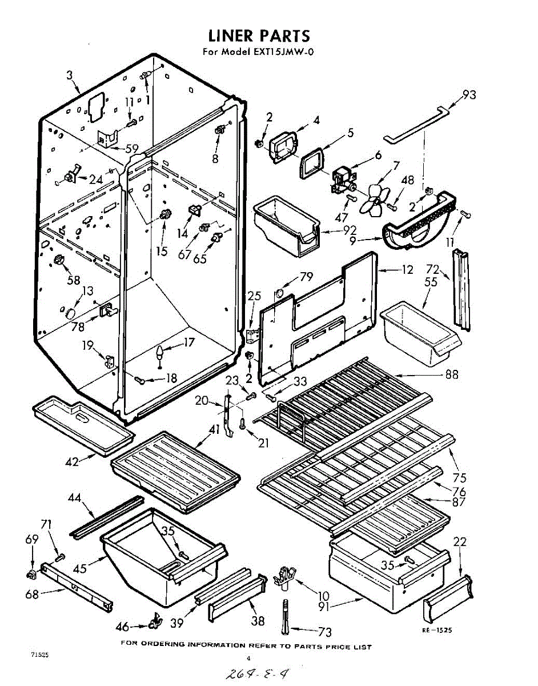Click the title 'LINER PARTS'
tap(259, 36)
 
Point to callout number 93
tap(469, 95)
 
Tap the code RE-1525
tap(437, 630)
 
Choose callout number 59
tap(132, 149)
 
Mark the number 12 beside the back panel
tap(406, 270)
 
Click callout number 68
tap(32, 594)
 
